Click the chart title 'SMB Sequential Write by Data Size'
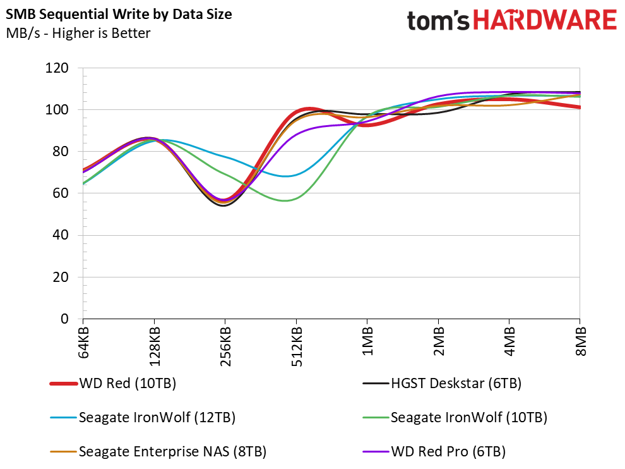(119, 15)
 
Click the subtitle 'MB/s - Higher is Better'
(78, 33)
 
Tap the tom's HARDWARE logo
(511, 20)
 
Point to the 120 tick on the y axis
(57, 68)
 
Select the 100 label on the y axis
(57, 110)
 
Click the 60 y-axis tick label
(61, 193)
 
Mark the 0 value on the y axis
(64, 319)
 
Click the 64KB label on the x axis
(83, 343)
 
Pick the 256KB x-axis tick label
(225, 346)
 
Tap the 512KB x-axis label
(297, 346)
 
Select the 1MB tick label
(367, 341)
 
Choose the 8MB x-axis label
(580, 341)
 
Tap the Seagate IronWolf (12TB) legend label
(157, 418)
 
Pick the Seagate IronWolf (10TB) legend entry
(468, 418)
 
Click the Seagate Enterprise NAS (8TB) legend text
(172, 451)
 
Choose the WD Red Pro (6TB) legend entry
(448, 451)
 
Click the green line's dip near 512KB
(285, 200)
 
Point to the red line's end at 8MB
(579, 107)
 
